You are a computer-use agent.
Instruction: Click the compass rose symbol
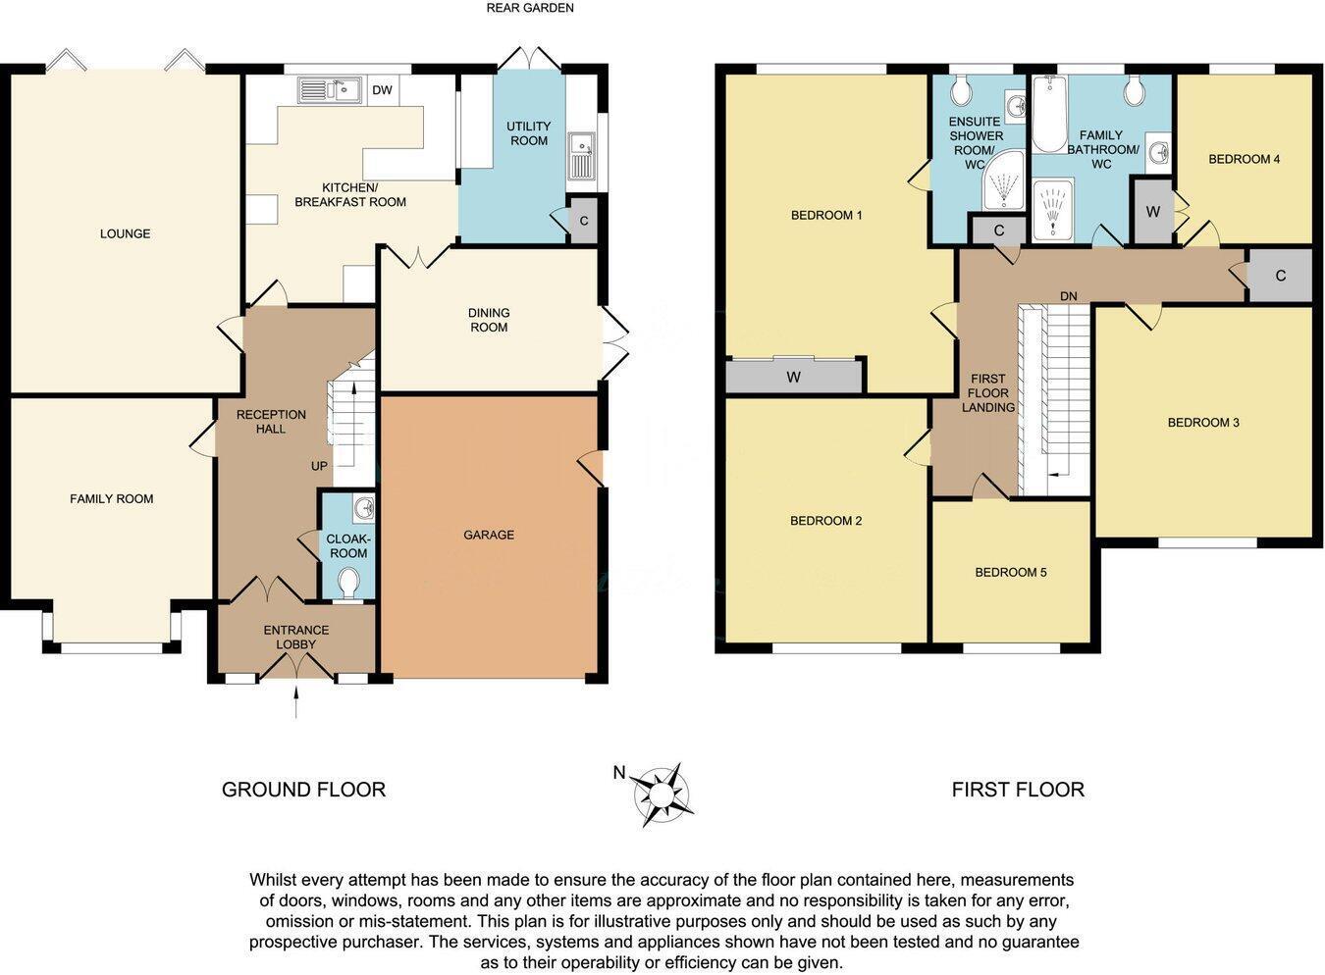[x=663, y=793]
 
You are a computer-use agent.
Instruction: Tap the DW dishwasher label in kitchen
[x=383, y=91]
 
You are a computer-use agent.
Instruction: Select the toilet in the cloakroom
[x=347, y=583]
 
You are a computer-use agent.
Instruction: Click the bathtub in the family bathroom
[x=1048, y=116]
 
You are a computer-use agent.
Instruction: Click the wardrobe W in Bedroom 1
[x=794, y=377]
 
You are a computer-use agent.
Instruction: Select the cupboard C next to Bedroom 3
[x=1280, y=277]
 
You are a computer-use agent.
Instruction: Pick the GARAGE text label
[x=489, y=535]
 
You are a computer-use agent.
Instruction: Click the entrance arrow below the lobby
[x=296, y=702]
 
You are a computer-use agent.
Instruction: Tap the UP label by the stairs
[x=319, y=466]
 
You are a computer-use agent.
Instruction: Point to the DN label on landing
[x=1069, y=295]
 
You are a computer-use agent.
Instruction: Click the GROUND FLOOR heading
[x=303, y=790]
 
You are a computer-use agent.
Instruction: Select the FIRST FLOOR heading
[x=1018, y=790]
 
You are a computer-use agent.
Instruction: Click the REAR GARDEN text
[x=530, y=8]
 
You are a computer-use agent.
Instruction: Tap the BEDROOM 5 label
[x=1010, y=572]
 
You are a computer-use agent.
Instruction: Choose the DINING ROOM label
[x=489, y=320]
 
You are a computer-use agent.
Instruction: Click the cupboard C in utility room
[x=584, y=221]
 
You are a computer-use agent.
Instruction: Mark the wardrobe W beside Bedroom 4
[x=1153, y=212]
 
